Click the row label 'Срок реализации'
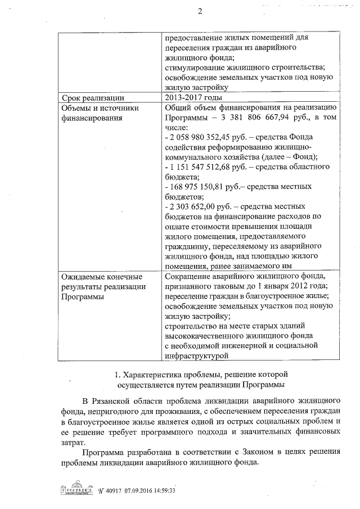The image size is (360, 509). point(92,98)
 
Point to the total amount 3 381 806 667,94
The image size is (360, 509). point(237,118)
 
